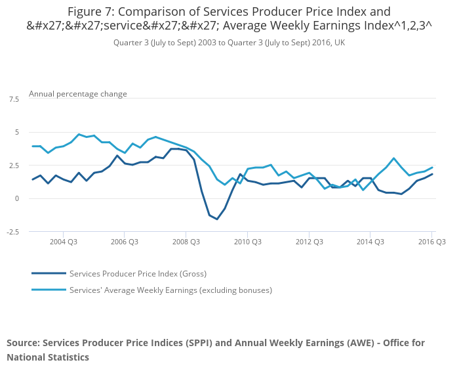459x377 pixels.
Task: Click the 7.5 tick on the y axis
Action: tap(14, 99)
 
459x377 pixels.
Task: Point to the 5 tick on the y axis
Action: tap(16, 132)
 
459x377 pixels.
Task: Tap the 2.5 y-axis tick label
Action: tap(14, 166)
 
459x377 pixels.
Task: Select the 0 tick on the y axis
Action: tap(17, 198)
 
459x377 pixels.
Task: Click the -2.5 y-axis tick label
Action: tap(12, 232)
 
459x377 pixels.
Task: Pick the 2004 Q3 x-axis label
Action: tap(63, 242)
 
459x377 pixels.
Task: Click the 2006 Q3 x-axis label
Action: tap(125, 242)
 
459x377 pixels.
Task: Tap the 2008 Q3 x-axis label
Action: tap(186, 242)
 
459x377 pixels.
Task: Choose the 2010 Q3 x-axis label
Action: tap(247, 242)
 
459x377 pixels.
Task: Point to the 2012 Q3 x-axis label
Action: tap(309, 242)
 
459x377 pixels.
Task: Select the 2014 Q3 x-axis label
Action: tap(370, 242)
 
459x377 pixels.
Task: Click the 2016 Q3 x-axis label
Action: tap(431, 242)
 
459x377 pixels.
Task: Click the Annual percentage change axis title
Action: tap(78, 94)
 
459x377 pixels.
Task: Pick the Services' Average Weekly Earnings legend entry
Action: tap(170, 290)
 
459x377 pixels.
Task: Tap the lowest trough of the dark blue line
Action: tap(217, 219)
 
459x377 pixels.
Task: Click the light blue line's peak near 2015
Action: tap(393, 158)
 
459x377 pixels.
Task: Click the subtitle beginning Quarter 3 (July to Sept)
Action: tap(229, 42)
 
